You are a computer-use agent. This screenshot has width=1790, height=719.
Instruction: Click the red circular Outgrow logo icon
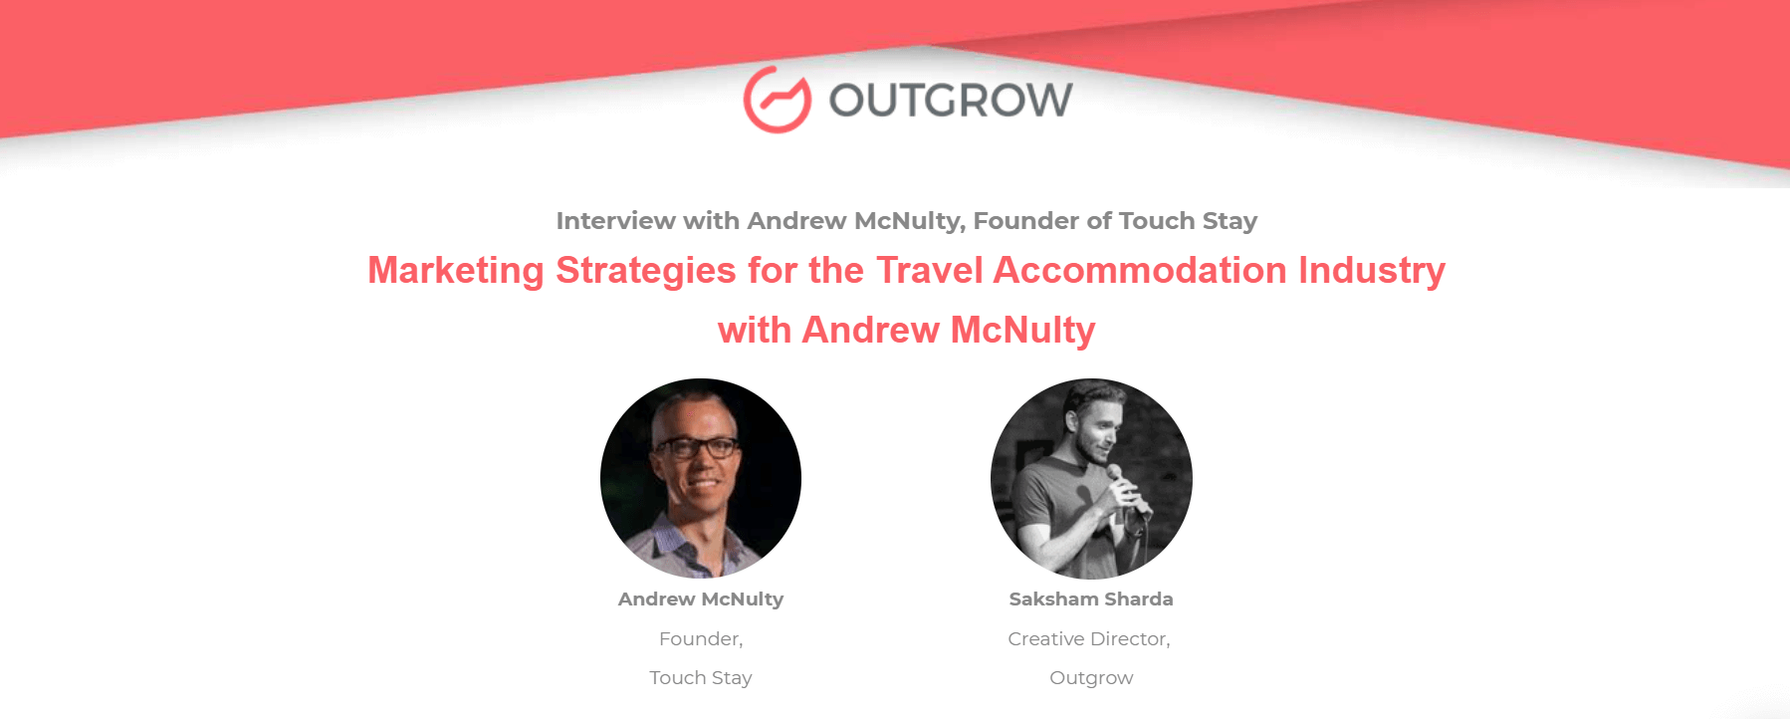pyautogui.click(x=778, y=100)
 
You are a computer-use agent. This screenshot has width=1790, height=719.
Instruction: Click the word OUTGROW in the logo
pyautogui.click(x=951, y=100)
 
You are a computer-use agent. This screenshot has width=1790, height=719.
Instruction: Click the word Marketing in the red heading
pyautogui.click(x=456, y=271)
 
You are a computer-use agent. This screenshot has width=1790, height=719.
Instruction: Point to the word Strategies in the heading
pyautogui.click(x=646, y=271)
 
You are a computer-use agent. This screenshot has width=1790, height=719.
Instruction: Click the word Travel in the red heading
pyautogui.click(x=930, y=270)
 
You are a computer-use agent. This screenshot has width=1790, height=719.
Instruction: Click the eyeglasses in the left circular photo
pyautogui.click(x=696, y=447)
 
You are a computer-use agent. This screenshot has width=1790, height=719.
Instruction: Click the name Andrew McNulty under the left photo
pyautogui.click(x=701, y=599)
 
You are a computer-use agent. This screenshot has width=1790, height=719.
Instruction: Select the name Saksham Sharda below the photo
pyautogui.click(x=1091, y=599)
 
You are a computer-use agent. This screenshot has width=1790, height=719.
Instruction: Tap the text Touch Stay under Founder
pyautogui.click(x=701, y=677)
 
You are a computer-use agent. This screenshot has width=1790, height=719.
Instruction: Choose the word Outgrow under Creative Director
pyautogui.click(x=1091, y=678)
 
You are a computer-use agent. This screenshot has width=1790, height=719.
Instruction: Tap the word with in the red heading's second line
pyautogui.click(x=754, y=331)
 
